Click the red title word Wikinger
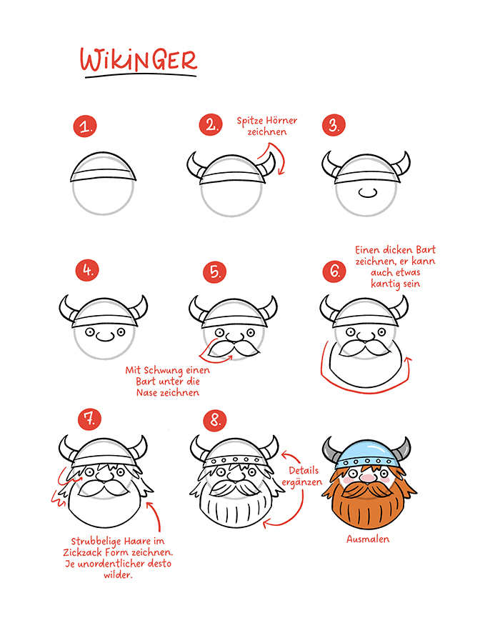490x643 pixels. pos(139,60)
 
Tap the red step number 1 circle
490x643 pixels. pos(85,126)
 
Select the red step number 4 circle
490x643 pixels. pos(87,270)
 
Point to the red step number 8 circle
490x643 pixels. pos(215,419)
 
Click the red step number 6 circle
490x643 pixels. pos(334,271)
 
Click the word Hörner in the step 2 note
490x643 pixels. pos(281,121)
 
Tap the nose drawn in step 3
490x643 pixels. pos(367,192)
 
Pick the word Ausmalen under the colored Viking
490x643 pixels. pos(368,539)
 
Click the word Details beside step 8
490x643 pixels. pos(304,470)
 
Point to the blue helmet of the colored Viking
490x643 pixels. pos(366,454)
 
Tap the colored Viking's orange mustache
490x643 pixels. pos(367,489)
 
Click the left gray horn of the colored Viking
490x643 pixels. pos(331,449)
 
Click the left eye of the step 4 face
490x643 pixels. pos(90,332)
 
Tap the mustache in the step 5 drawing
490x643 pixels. pos(234,349)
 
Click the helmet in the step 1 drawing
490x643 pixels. pos(104,167)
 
